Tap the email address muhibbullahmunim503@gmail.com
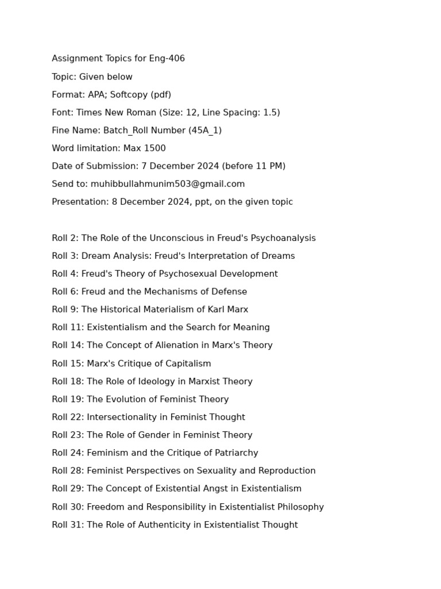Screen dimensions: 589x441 click(168, 184)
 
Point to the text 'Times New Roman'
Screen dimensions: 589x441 click(113, 113)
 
